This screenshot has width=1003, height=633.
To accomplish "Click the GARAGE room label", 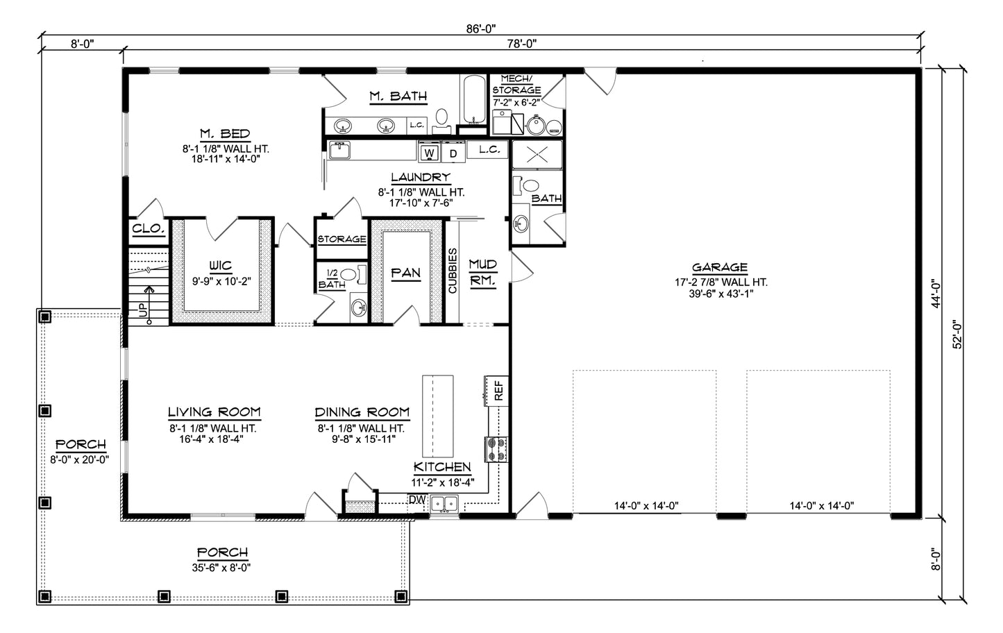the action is (x=720, y=268).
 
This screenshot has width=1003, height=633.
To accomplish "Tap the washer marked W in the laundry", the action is (x=429, y=152).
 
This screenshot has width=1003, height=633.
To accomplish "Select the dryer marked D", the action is (x=453, y=152).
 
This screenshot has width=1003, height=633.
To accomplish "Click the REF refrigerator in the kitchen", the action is (x=497, y=391).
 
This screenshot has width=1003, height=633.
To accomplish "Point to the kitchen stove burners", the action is (x=496, y=450).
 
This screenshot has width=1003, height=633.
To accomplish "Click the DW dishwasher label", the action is (x=416, y=500).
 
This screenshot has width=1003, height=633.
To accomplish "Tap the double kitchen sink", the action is (x=444, y=504).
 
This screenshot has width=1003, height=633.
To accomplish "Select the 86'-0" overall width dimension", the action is (x=481, y=29).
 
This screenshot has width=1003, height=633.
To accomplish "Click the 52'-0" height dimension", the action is (x=956, y=335).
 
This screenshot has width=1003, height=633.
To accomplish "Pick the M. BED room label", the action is (x=225, y=134).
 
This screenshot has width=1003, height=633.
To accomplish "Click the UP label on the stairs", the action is (x=142, y=310).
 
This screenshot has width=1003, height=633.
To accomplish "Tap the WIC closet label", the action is (x=220, y=266).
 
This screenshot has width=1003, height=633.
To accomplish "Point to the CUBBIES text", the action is (x=453, y=271).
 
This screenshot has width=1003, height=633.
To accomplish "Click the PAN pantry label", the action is (x=405, y=273).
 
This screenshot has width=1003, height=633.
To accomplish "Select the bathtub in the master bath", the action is (x=473, y=99).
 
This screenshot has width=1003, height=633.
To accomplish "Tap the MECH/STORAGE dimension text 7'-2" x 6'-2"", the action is (x=516, y=102).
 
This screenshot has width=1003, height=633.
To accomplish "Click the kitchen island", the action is (x=437, y=416).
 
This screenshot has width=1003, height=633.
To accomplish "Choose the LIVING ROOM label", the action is (x=214, y=412).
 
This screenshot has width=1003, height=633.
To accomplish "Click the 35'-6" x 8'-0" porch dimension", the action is (x=221, y=568).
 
